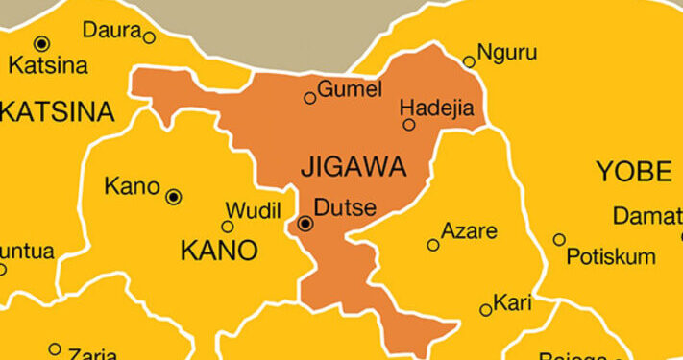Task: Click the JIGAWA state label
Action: click(354, 166)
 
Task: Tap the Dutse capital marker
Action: click(305, 224)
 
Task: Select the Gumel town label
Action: click(351, 89)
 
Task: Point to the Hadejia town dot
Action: click(409, 125)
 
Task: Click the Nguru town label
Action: click(507, 52)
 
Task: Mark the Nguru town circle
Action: click(469, 61)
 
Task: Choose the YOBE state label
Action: click(634, 172)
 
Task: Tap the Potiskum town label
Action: click(611, 256)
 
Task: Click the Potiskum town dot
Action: click(559, 239)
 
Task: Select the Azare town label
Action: click(469, 231)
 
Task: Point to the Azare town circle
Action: click(433, 245)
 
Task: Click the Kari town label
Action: click(512, 304)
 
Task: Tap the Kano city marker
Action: click(174, 197)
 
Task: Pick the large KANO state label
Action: click(219, 252)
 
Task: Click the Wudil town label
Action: click(254, 210)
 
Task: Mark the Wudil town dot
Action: click(228, 227)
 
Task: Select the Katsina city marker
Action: click(41, 43)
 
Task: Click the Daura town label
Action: click(111, 30)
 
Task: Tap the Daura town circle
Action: click(149, 37)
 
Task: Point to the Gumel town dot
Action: click(309, 98)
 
